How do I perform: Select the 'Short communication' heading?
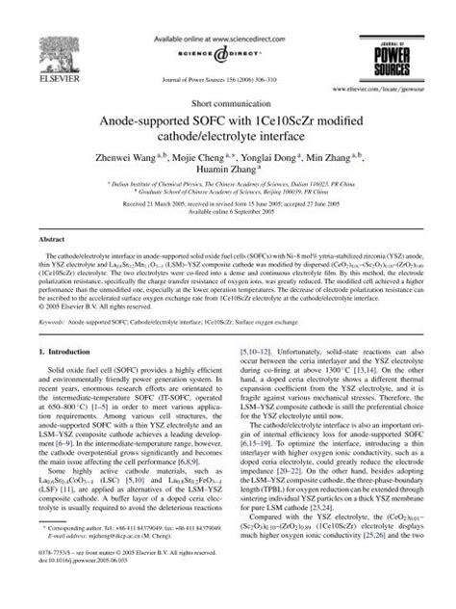click(227, 100)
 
